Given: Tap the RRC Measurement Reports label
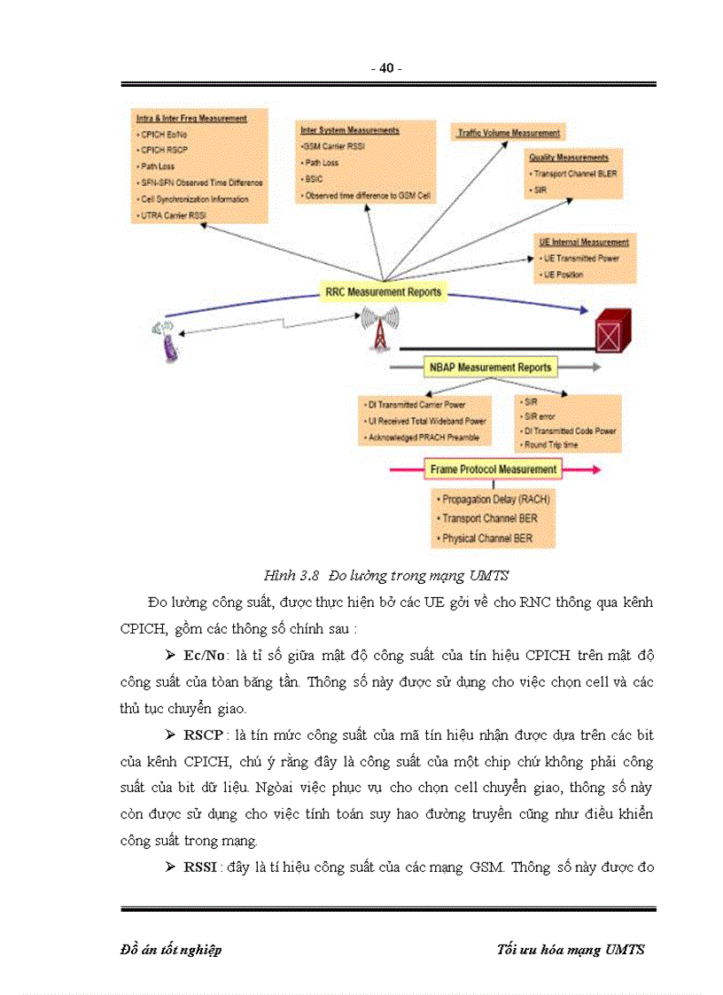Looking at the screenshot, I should pos(382,292).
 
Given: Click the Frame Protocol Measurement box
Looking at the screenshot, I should pos(493,469).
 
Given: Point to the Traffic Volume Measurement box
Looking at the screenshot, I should pos(509,133).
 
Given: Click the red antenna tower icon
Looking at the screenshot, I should pos(378,329).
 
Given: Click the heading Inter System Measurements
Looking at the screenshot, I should pos(349,130).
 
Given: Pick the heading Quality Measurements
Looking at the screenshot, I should pos(569,158).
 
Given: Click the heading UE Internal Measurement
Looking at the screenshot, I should pos(584,242).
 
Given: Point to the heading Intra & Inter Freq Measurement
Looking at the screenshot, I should pos(191,118).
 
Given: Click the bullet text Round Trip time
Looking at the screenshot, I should pos(551,444).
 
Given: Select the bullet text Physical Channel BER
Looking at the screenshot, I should pos(486,538).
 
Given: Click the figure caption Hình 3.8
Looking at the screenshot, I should pos(291,576).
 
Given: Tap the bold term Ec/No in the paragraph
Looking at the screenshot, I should pos(203,655).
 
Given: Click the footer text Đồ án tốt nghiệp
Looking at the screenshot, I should pos(171,950).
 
